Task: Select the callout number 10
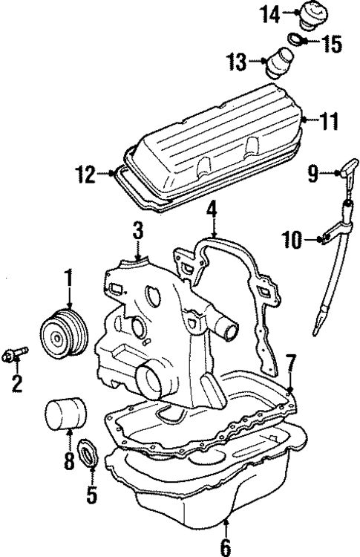(291, 238)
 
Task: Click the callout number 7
(292, 364)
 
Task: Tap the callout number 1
(68, 280)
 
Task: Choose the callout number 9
(313, 174)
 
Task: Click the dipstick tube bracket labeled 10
(324, 238)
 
